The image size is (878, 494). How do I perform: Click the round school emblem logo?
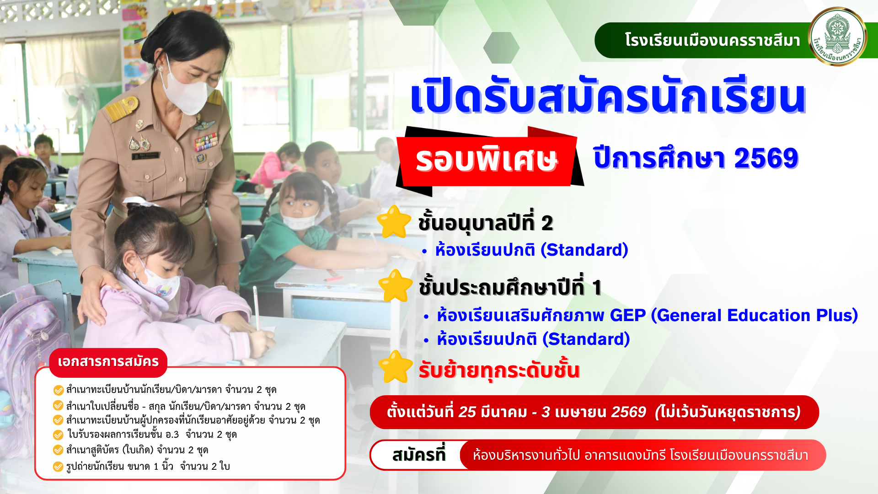point(837,37)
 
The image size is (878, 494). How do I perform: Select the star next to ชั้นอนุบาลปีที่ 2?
point(394,222)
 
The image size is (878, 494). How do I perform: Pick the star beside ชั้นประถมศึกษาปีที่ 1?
point(396,286)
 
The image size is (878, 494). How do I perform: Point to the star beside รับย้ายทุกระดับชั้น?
point(396,367)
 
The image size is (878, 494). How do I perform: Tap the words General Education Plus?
point(754,315)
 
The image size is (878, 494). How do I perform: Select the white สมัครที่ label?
point(418,455)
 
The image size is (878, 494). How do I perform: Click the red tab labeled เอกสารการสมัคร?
point(108,362)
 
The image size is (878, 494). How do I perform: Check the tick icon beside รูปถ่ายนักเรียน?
point(58,467)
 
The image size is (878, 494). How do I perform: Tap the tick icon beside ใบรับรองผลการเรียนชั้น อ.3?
point(58,435)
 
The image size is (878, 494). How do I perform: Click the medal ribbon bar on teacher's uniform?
point(206,142)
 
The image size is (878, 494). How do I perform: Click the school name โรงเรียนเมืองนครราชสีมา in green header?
point(712,40)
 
